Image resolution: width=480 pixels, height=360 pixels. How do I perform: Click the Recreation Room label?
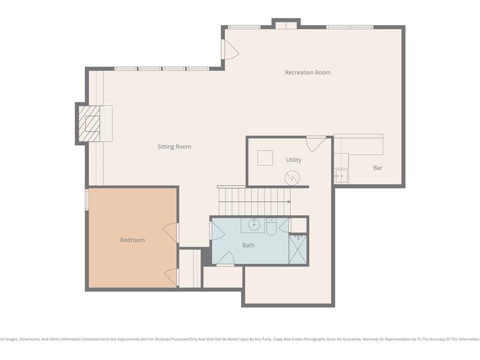coord(307,73)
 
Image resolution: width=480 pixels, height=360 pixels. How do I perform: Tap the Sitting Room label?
coord(174,147)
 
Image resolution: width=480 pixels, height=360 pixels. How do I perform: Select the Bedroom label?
coord(133,240)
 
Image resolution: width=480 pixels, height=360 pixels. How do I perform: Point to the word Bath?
coord(248,245)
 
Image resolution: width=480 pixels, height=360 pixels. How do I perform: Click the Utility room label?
coord(293,160)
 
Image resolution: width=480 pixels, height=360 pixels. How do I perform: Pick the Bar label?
coord(378,168)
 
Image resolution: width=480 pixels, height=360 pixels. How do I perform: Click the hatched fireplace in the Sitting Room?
coord(90,124)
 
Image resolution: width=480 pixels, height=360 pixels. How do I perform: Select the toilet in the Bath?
coord(271,226)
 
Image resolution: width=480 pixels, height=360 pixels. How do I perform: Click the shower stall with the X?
coord(298,249)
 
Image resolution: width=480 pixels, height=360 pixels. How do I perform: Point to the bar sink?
coord(341,176)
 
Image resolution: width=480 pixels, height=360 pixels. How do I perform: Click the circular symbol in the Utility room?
coord(292,178)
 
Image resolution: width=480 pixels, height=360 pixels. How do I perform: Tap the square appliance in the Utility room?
coord(265,158)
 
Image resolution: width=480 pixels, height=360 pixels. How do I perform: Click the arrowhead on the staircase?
coord(289,202)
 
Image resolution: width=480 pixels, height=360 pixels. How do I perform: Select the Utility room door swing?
coord(316,144)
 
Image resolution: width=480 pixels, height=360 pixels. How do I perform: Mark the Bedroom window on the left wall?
coord(87,199)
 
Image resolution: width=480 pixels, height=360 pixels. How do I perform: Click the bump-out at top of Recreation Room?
coord(286,24)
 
